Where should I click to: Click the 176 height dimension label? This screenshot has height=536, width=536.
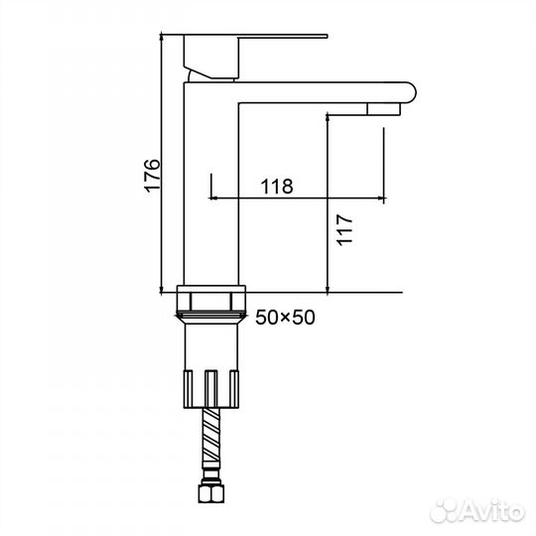(x=152, y=176)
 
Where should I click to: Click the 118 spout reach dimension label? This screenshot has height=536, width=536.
(x=277, y=187)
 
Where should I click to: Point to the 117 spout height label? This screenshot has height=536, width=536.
(x=344, y=229)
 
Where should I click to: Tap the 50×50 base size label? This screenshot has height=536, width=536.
(x=285, y=318)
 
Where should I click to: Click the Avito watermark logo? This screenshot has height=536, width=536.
(x=477, y=511)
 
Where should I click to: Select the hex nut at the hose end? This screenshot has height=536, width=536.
(x=210, y=493)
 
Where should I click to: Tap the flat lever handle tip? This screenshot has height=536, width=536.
(x=326, y=36)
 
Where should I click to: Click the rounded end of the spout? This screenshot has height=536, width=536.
(x=410, y=92)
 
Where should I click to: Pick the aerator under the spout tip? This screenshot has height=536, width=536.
(x=383, y=109)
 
